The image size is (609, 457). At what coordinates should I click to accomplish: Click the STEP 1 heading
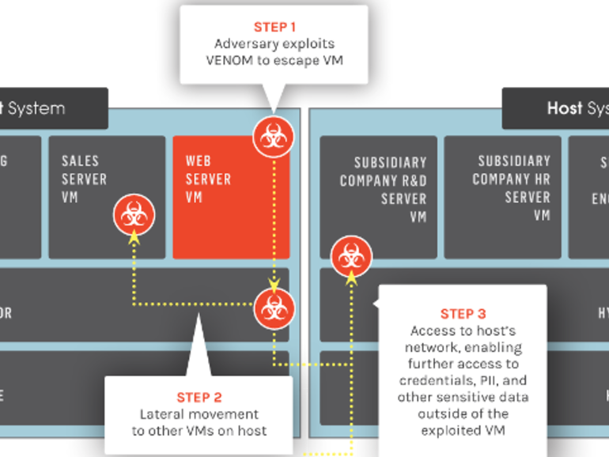(x=274, y=27)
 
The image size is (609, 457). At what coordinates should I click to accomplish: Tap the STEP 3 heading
(x=462, y=314)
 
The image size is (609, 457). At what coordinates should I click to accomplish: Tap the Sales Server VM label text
(x=84, y=179)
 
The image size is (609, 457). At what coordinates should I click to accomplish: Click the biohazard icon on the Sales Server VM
(x=133, y=214)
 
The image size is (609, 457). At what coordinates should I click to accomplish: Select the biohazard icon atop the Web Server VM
(x=273, y=137)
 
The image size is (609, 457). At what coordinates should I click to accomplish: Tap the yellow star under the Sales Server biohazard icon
(x=133, y=236)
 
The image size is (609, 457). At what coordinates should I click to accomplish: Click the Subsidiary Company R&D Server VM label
(x=383, y=188)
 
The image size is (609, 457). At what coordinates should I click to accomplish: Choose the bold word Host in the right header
(x=565, y=108)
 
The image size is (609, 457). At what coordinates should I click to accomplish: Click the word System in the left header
(x=36, y=108)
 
